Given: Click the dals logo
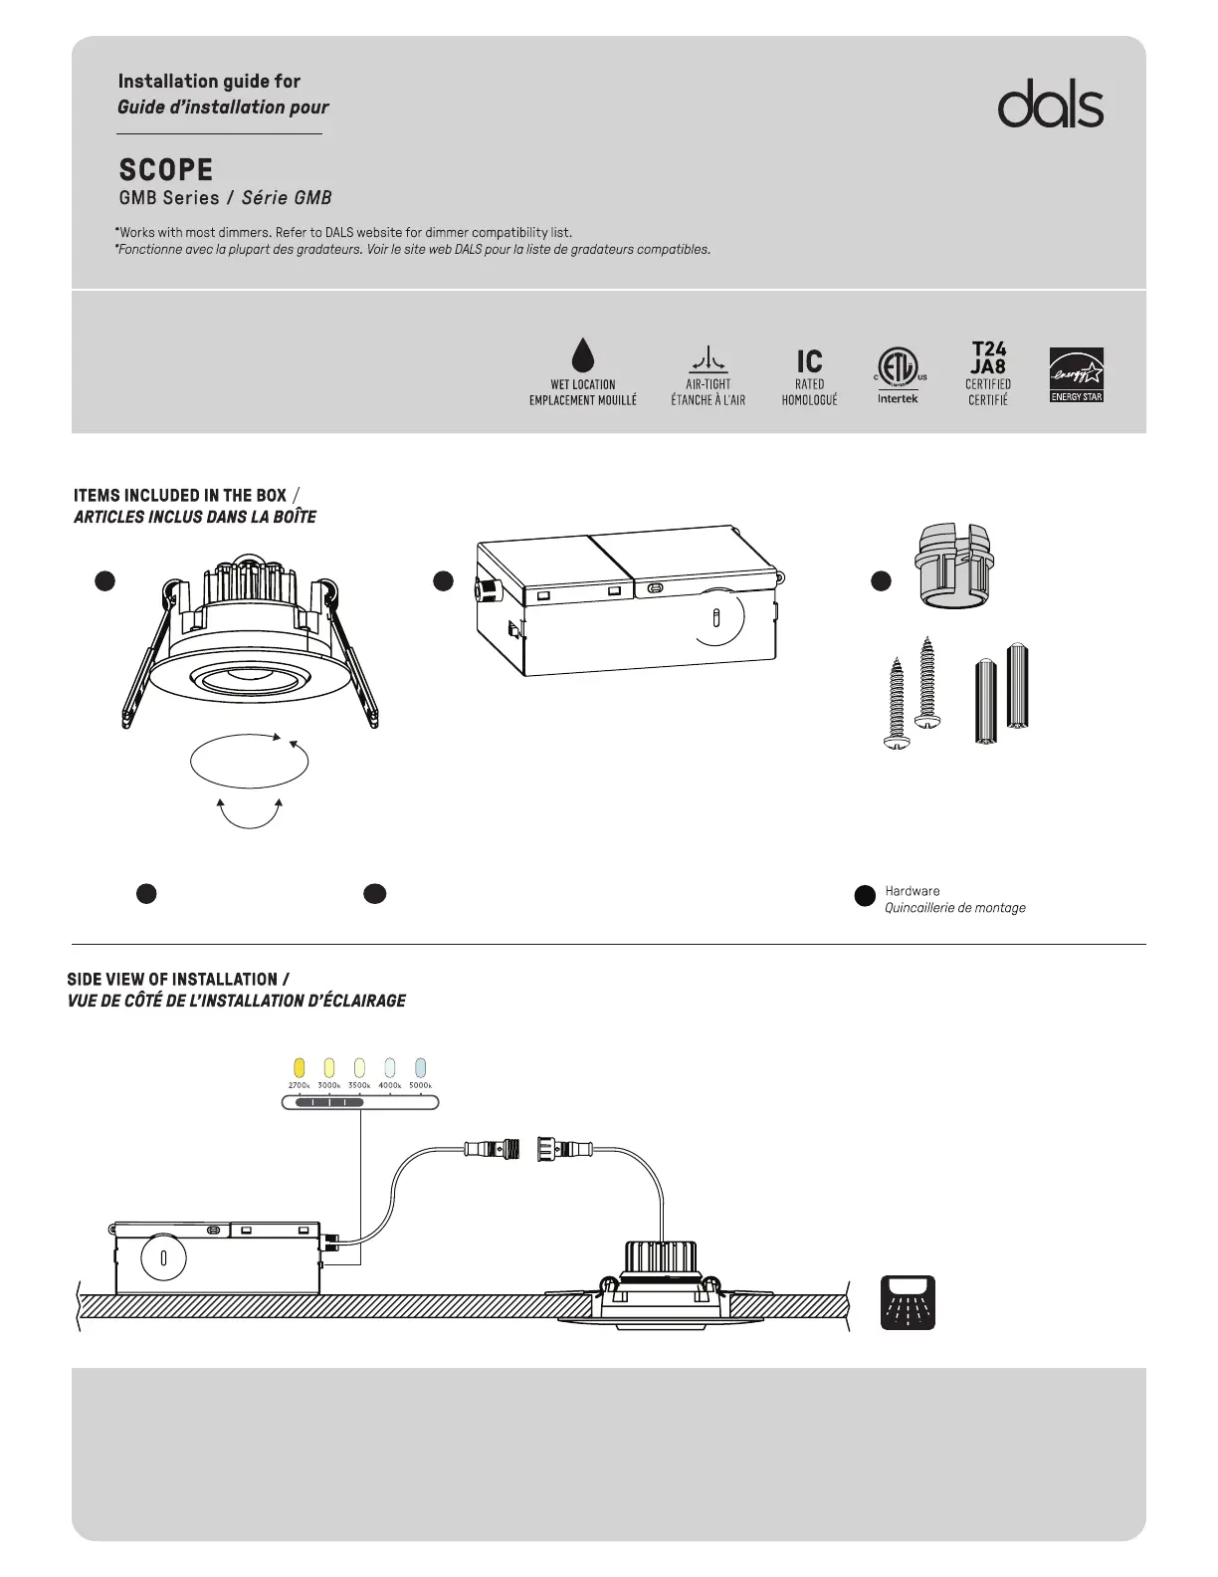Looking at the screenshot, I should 1050,105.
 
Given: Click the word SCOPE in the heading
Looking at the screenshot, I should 166,169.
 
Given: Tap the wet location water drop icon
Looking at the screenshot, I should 583,354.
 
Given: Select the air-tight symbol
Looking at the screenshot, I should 708,358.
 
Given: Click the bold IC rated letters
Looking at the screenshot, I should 809,360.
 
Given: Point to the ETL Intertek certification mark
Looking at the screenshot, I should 898,368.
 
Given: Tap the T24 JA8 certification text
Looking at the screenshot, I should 988,357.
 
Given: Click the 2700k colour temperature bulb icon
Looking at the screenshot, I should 300,1068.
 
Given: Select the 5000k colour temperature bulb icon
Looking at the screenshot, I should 420,1068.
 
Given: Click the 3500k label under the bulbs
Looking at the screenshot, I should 359,1085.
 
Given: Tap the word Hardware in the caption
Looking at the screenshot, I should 912,891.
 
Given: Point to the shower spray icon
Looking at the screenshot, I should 908,1302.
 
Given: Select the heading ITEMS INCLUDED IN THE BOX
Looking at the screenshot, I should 180,495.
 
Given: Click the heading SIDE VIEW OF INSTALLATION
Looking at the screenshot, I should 172,980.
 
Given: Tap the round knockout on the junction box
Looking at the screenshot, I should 716,617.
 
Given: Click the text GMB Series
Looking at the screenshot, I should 169,198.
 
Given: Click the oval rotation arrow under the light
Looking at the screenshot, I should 249,762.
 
